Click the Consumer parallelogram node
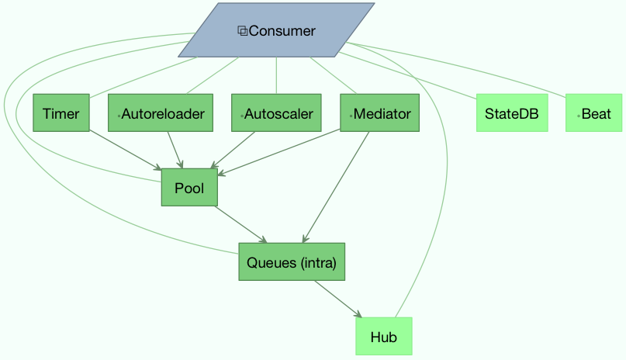point(276,31)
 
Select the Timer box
point(61,114)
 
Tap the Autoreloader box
point(161,114)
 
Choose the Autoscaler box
point(277,114)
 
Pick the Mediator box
point(379,114)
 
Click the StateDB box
point(512,114)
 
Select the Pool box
point(189,188)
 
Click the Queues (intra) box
point(291,262)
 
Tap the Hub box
point(383,337)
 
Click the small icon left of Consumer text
point(242,31)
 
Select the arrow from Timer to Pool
point(124,150)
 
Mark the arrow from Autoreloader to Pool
point(175,150)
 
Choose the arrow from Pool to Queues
point(240,224)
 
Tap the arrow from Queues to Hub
point(338,299)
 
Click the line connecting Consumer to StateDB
point(411,76)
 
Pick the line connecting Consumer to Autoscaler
point(277,76)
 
